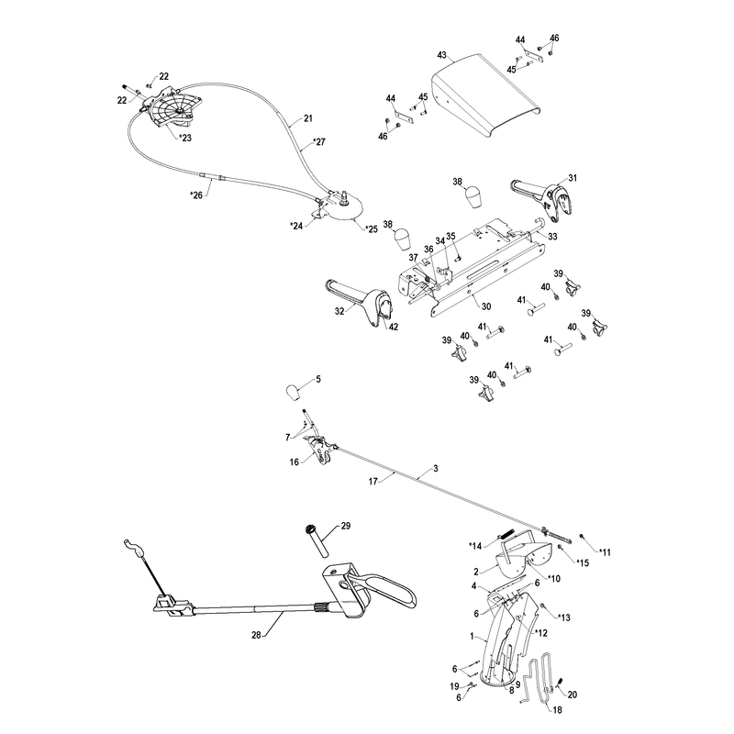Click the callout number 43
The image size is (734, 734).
[442, 55]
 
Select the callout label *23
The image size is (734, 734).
[185, 139]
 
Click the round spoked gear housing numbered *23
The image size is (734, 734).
[172, 108]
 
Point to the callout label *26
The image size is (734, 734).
[196, 195]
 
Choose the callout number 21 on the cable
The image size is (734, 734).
[307, 118]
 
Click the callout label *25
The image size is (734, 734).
[371, 229]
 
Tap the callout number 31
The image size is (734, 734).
[573, 178]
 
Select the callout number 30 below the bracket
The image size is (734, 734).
[486, 306]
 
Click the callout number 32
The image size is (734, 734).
[339, 311]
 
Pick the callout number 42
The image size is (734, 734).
[394, 327]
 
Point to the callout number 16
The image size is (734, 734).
[294, 462]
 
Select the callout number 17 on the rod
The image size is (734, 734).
[373, 481]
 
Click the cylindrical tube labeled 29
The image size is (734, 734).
[317, 541]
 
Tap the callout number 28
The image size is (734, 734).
[256, 635]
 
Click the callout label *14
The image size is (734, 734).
[475, 546]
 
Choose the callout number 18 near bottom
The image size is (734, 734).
[557, 709]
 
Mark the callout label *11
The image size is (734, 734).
[605, 552]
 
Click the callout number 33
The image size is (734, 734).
[552, 237]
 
